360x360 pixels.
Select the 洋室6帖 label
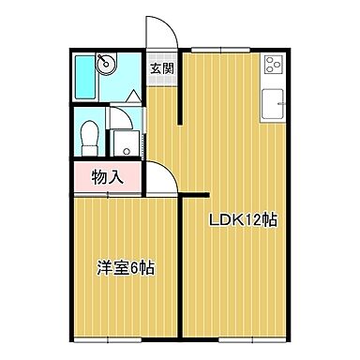125,267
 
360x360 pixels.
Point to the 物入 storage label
105,174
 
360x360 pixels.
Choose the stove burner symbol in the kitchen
274,66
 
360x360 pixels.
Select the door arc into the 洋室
160,177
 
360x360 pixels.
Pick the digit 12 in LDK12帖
254,221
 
